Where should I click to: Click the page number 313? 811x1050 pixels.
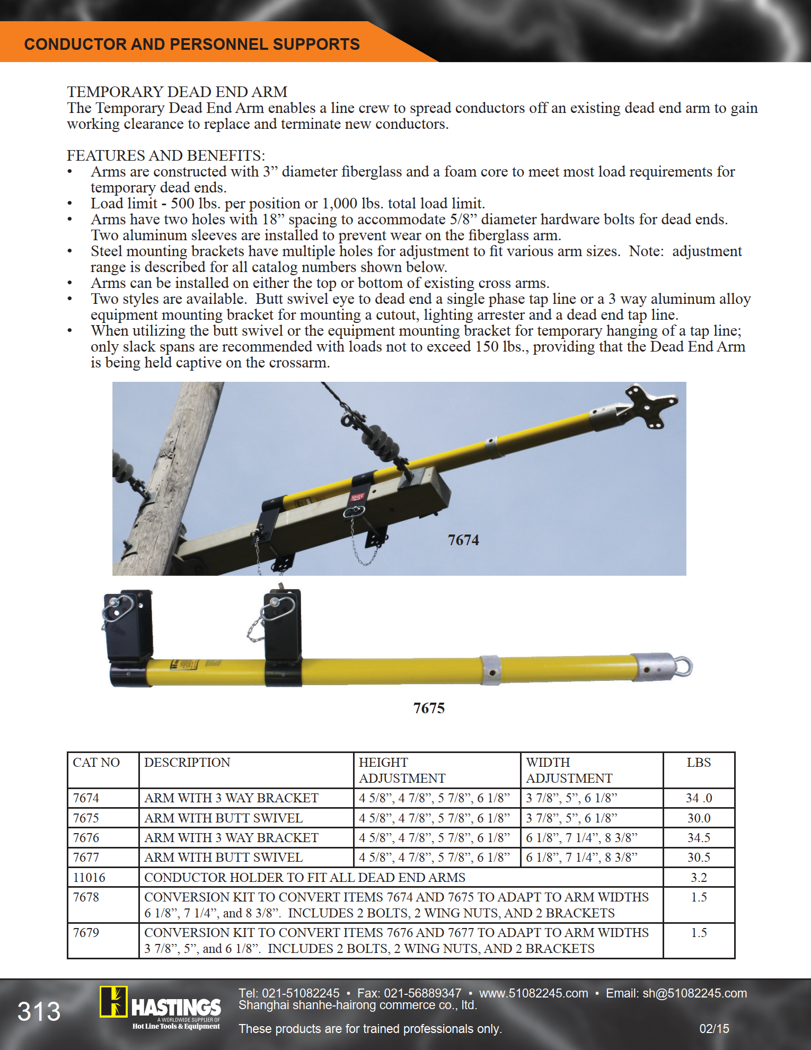point(39,1011)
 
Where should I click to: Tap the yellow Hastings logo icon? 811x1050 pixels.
point(113,1002)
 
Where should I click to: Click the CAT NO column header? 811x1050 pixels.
point(96,763)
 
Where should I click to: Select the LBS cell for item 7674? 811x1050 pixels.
point(699,798)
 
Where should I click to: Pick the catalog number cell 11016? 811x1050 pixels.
point(89,878)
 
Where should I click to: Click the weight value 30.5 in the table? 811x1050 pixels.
point(699,857)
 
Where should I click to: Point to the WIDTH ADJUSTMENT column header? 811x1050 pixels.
point(569,770)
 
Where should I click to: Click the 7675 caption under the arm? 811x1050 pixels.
point(429,708)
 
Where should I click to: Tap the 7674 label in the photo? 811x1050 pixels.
point(463,540)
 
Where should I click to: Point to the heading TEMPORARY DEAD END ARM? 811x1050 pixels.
point(177,92)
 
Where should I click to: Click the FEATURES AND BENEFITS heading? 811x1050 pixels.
point(165,155)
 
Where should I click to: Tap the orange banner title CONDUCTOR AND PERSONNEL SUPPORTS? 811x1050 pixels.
point(192,44)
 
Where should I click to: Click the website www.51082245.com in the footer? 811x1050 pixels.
point(533,993)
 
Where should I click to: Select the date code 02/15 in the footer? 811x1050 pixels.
point(714,1029)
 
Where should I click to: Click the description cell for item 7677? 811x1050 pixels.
point(224,857)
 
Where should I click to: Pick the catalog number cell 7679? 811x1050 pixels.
point(86,933)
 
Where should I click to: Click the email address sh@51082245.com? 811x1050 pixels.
point(694,993)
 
